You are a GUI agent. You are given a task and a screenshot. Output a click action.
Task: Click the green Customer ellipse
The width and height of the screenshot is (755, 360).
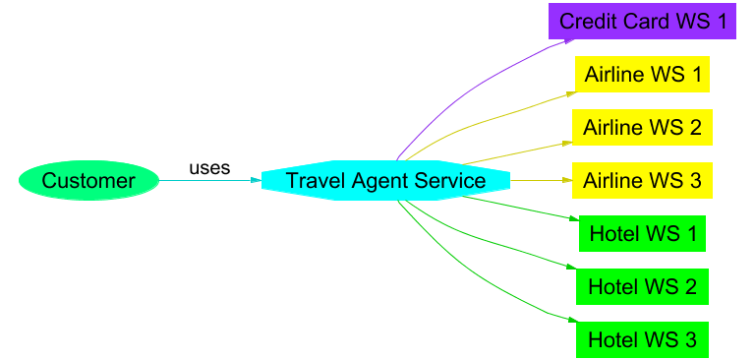point(88,181)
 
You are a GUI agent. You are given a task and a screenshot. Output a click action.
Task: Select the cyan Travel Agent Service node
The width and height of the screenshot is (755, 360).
point(385,181)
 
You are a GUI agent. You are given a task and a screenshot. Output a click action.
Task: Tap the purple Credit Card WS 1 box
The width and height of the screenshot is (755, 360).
point(642,21)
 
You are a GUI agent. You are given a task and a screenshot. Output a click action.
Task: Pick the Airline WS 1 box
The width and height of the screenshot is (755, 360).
point(642,74)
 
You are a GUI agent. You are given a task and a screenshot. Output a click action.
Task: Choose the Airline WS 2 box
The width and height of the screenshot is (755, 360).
point(642,127)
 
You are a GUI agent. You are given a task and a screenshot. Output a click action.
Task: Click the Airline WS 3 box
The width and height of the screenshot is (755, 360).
point(642,181)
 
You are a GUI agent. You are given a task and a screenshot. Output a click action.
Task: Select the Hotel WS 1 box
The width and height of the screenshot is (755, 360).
point(642,234)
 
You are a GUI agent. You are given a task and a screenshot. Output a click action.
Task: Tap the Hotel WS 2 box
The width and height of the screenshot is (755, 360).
point(642,287)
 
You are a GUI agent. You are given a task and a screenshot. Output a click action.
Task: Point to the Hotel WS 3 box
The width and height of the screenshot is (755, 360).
point(642,340)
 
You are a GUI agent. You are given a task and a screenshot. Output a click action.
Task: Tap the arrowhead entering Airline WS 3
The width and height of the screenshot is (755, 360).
point(566,181)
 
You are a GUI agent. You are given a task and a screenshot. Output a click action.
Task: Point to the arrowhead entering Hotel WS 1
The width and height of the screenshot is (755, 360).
point(573,218)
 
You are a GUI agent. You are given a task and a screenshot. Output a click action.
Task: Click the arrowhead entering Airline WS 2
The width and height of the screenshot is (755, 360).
point(567,145)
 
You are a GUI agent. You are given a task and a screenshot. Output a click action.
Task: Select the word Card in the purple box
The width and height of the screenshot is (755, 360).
point(645,21)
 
